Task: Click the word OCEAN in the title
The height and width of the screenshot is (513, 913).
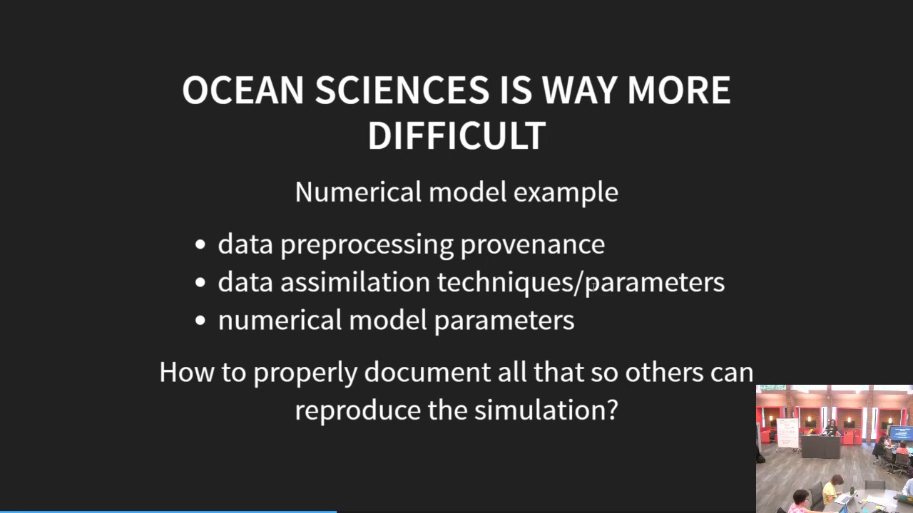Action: [x=243, y=90]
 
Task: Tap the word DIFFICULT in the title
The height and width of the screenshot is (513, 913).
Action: [x=456, y=135]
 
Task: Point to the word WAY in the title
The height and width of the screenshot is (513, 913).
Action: [x=578, y=90]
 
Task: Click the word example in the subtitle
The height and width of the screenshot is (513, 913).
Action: [x=566, y=192]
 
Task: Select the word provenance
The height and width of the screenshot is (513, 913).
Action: [x=532, y=244]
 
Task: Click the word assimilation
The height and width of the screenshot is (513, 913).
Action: [x=355, y=282]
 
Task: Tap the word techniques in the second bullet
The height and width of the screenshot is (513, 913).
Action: [x=505, y=283]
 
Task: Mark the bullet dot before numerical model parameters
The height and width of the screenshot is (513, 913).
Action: [x=200, y=321]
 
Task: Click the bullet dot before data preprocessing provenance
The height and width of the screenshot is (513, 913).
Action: [x=200, y=244]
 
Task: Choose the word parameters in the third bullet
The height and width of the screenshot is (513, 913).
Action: [x=504, y=321]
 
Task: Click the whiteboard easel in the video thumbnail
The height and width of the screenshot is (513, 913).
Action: [x=787, y=433]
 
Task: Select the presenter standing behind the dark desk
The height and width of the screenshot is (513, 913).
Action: [x=831, y=427]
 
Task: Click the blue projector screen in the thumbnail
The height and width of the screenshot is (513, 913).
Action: [x=901, y=432]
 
